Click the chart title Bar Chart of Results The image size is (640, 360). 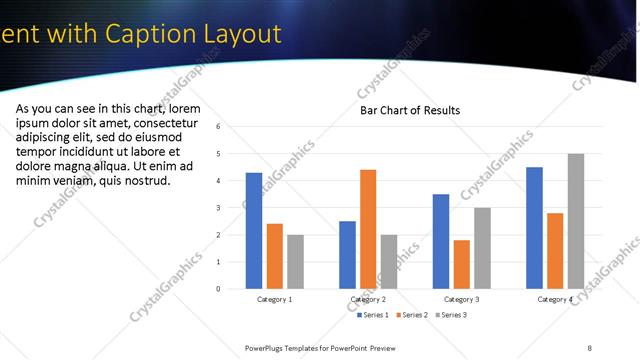point(410,110)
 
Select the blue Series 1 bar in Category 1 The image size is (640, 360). point(254,230)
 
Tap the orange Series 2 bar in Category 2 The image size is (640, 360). point(368,229)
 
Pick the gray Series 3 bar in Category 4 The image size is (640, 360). point(575,221)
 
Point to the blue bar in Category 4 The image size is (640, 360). point(534,228)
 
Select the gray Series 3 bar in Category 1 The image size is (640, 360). point(295,261)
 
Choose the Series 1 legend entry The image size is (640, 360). point(373,315)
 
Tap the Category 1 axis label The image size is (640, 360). point(275,299)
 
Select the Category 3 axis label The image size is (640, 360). point(461,299)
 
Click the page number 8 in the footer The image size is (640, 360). point(590,347)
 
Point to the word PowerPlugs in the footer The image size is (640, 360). point(268,347)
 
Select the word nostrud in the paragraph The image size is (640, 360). point(146,181)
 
